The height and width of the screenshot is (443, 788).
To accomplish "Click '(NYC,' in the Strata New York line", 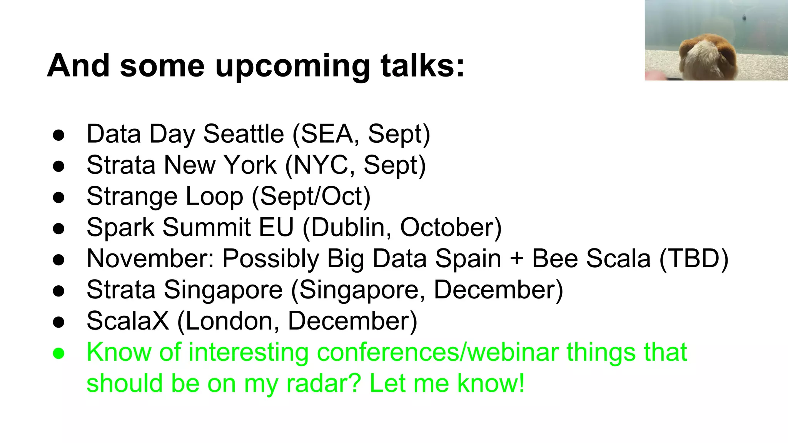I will pos(320,165).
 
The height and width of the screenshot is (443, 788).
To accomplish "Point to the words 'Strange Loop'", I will pos(165,196).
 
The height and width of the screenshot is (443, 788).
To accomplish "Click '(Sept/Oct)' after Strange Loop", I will pos(311,196).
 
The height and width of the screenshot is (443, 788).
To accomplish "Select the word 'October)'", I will pos(451,227).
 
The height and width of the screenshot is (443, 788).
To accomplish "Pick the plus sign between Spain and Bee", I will pos(517,259).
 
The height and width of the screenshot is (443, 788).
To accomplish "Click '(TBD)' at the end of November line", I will pos(694,258).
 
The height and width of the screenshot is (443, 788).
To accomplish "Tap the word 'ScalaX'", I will pos(128,321).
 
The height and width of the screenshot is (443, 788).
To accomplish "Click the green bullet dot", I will pos(58,353).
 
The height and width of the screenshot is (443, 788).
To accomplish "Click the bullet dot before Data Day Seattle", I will pos(58,135).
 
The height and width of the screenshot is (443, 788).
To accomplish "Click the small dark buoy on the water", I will pos(744,17).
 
